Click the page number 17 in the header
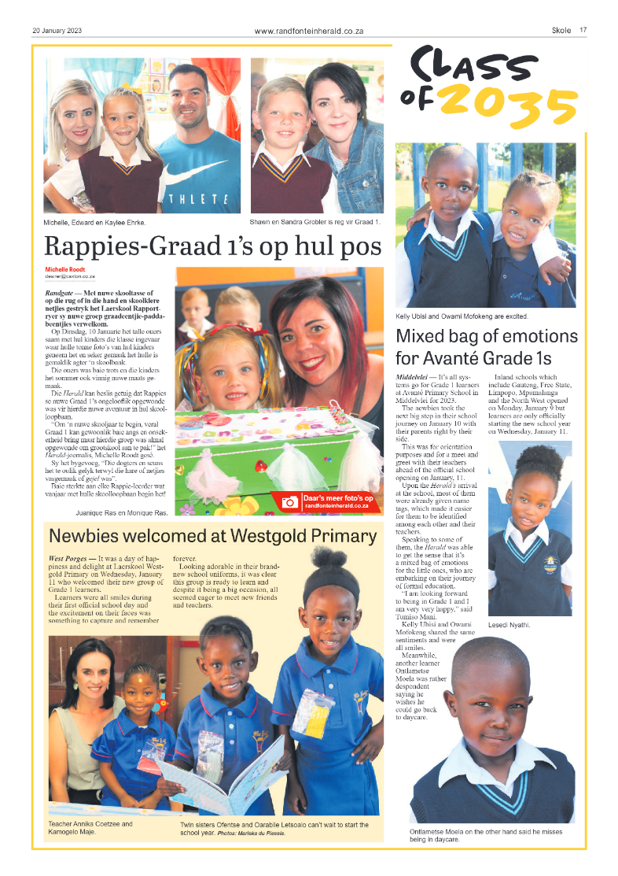583,31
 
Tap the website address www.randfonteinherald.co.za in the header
308,31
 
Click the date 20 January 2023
57,31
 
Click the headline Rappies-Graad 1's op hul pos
212,246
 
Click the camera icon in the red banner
289,501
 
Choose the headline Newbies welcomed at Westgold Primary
212,537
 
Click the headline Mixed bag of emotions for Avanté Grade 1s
486,347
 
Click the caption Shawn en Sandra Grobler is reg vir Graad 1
315,223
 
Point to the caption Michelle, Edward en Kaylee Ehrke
94,223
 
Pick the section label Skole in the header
561,31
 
